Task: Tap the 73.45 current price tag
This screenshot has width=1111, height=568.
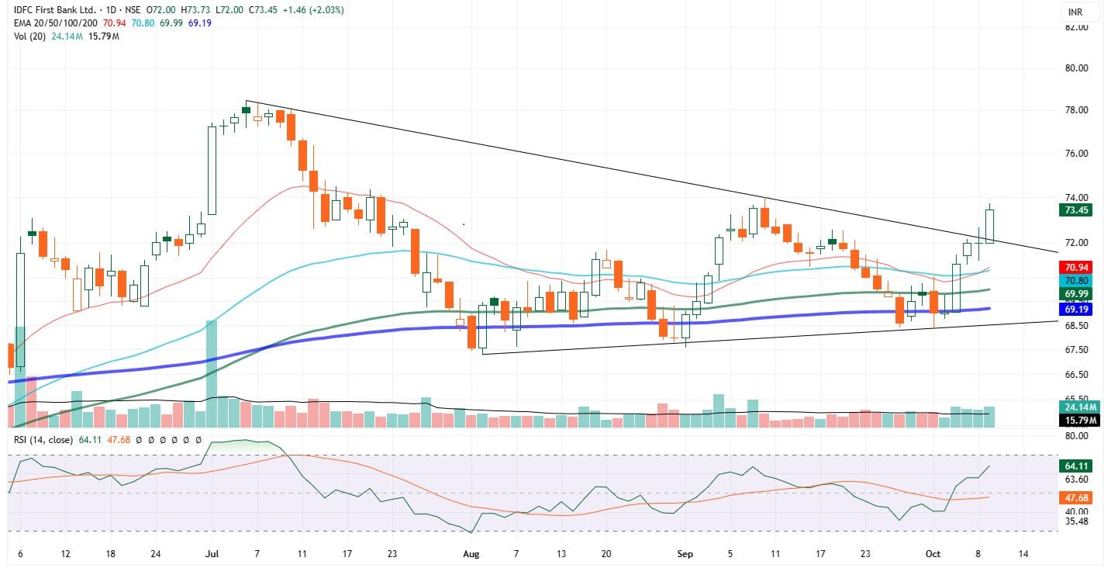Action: (1075, 210)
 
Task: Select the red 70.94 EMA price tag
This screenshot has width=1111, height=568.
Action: (1075, 266)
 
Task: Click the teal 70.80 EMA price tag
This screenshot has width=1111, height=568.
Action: (1075, 279)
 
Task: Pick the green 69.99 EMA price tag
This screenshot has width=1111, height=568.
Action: (1075, 294)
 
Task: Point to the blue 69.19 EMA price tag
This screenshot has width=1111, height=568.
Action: (1075, 309)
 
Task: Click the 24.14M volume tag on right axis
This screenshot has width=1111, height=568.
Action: (1075, 407)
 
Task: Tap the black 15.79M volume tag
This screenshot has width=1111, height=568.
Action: (1075, 420)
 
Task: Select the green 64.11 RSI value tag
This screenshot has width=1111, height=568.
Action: (1075, 466)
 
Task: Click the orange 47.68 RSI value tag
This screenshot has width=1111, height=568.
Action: (1075, 497)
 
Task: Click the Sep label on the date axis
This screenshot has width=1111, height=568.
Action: (685, 554)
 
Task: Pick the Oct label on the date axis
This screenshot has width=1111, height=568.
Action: (933, 554)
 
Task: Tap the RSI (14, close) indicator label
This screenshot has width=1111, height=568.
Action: (43, 440)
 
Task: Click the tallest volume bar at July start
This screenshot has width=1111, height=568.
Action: (212, 373)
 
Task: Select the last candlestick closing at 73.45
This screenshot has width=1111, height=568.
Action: (989, 226)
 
